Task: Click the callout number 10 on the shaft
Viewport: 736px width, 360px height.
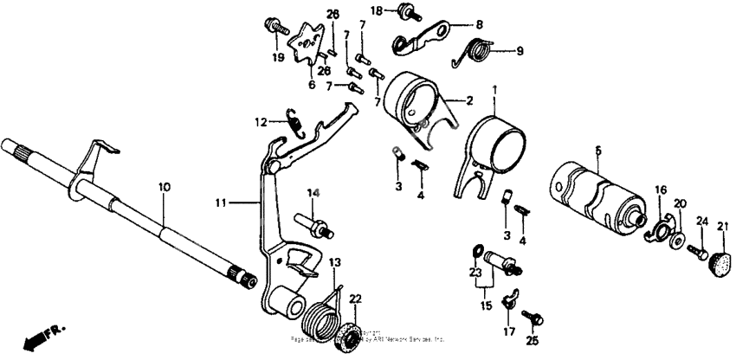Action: [164, 186]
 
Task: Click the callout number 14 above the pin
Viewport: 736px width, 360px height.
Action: [312, 191]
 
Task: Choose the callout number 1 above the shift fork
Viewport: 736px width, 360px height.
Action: [495, 88]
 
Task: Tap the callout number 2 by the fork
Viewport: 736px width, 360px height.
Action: [468, 101]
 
